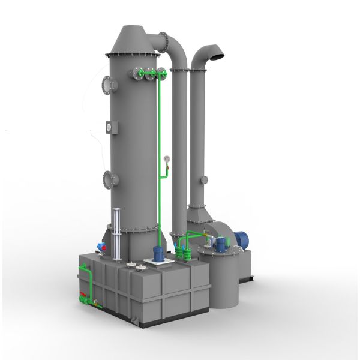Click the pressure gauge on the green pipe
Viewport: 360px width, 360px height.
coord(164,160)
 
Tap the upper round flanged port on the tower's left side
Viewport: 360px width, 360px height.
coord(108,85)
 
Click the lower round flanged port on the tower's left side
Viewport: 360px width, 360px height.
coord(108,178)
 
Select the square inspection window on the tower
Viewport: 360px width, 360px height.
coord(109,127)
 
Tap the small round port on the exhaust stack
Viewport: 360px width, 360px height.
coord(205,178)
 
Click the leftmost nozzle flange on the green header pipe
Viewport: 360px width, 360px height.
coord(139,73)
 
